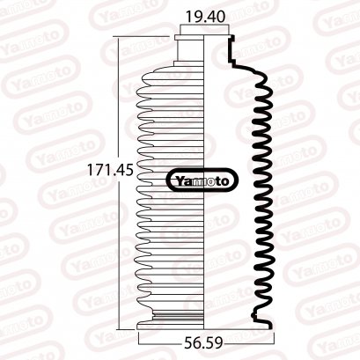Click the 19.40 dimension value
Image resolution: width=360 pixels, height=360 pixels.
(204, 16)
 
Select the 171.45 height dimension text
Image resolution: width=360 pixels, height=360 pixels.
(110, 172)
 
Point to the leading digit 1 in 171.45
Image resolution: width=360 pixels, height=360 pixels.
(92, 172)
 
